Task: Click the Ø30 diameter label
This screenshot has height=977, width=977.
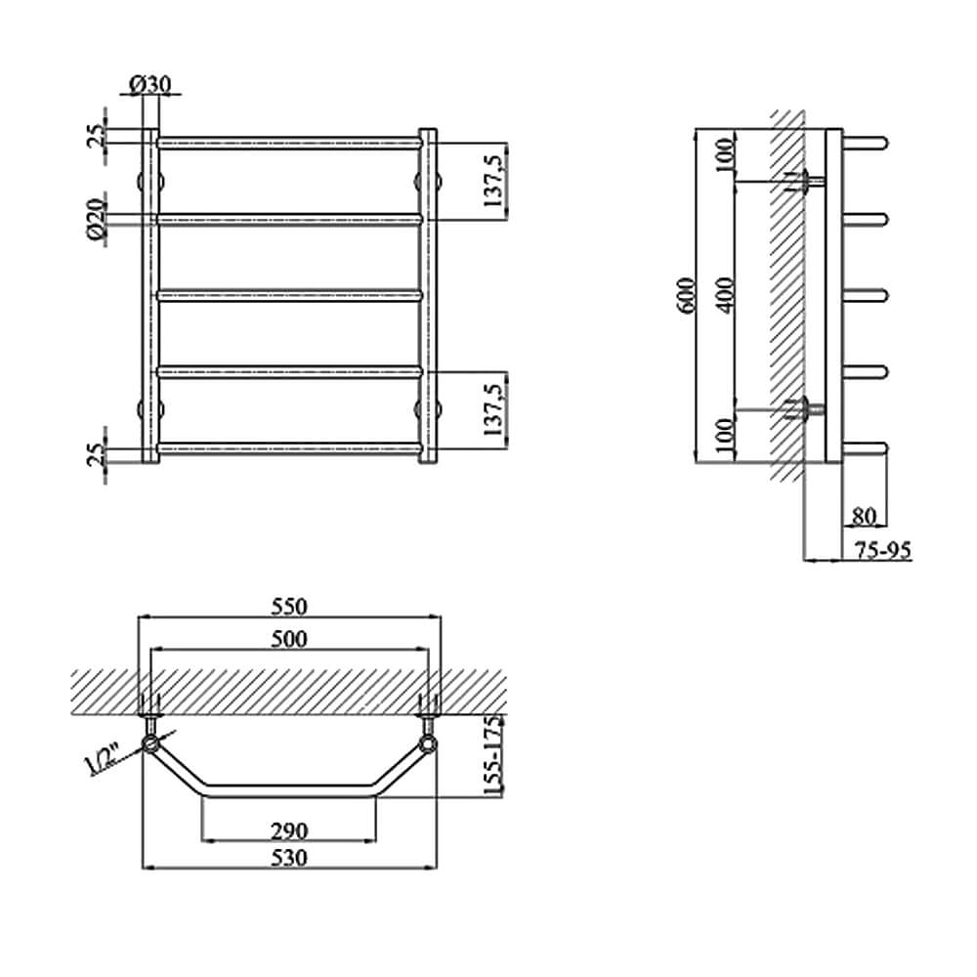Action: [149, 84]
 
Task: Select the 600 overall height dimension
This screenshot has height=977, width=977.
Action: [686, 296]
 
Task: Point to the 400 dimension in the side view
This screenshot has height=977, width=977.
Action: [725, 295]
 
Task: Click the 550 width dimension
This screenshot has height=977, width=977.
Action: [290, 607]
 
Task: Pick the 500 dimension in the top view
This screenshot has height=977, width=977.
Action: [290, 639]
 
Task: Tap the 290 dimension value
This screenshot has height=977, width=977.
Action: [290, 830]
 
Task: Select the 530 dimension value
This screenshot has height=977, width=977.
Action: [290, 858]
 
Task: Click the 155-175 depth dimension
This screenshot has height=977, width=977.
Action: [493, 756]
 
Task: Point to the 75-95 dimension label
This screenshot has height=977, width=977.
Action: [882, 550]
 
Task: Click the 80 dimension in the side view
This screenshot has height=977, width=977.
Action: [864, 516]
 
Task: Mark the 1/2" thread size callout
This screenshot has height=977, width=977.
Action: [101, 759]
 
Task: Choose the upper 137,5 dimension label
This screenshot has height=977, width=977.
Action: [493, 182]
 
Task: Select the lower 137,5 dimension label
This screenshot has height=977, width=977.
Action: [493, 410]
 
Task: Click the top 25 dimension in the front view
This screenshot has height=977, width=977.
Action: [96, 135]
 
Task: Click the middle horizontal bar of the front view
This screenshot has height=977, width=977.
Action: [290, 295]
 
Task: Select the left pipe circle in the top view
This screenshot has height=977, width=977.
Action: [150, 744]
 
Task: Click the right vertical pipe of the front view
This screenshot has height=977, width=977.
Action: [428, 295]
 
